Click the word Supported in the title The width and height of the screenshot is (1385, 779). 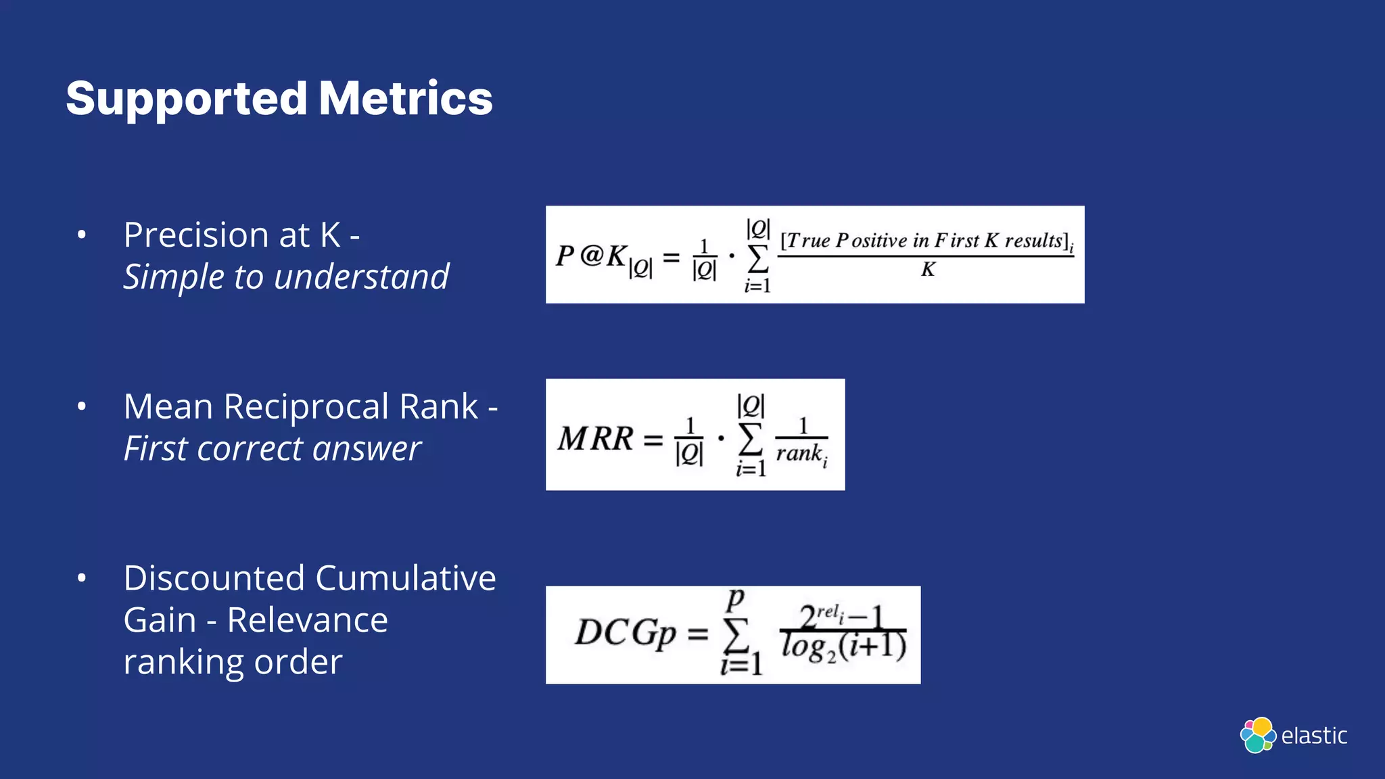(187, 99)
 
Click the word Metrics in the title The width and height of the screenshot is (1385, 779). (405, 98)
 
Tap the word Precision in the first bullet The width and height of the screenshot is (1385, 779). (196, 235)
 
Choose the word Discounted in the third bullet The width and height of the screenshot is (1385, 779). (214, 579)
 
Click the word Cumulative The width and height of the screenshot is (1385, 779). (405, 579)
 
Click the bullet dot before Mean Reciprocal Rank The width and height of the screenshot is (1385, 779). (82, 407)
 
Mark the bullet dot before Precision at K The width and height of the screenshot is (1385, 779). (82, 235)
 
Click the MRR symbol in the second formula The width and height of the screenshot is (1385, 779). (595, 438)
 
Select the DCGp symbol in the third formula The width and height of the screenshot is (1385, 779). (625, 634)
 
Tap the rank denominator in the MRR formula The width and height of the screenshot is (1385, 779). (801, 454)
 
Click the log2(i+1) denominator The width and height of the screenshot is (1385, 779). (843, 646)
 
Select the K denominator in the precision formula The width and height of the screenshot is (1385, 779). (927, 270)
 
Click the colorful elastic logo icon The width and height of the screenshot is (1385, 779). (1257, 735)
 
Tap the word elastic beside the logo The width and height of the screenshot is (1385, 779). (1314, 736)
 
